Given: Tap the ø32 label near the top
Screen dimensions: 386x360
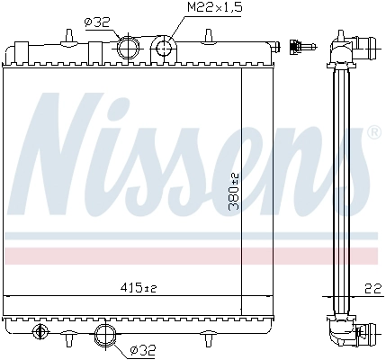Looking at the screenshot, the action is click(97, 22).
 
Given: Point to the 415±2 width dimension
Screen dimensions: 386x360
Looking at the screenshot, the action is click(139, 288).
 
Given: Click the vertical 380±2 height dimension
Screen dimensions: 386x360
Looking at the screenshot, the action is click(233, 192).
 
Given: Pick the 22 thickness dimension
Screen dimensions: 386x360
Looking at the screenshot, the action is click(373, 288).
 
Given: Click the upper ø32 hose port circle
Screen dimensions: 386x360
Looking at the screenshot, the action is click(128, 48).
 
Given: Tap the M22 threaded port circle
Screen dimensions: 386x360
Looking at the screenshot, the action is click(164, 48).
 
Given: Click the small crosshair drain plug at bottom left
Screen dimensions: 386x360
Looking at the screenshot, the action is click(40, 331).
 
